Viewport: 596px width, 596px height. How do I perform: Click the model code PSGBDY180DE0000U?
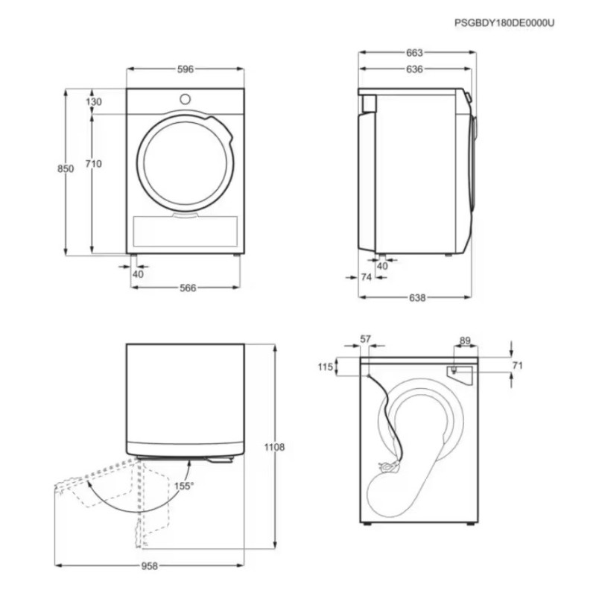[x=504, y=23]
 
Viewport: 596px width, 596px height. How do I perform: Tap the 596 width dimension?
[x=186, y=69]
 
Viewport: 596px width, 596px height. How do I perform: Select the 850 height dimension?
[x=66, y=168]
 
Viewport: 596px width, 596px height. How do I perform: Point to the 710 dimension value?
[x=94, y=164]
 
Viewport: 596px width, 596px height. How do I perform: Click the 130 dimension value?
[x=94, y=101]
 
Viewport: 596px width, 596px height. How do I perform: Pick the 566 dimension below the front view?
[x=188, y=288]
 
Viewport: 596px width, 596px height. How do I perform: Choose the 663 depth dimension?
[x=414, y=53]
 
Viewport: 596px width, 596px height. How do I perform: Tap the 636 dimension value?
[x=414, y=69]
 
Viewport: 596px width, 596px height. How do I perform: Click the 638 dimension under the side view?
[x=417, y=297]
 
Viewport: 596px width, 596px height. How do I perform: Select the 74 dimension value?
[x=366, y=277]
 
